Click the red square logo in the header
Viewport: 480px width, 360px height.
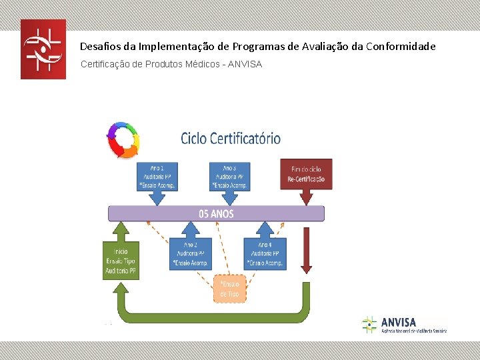click(x=43, y=49)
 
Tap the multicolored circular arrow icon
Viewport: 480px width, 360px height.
click(x=123, y=140)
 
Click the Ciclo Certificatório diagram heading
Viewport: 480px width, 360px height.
click(x=231, y=139)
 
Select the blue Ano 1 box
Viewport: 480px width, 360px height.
click(x=157, y=176)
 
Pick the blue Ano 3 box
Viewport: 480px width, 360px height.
click(x=229, y=176)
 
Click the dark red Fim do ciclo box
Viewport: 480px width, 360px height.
click(x=306, y=174)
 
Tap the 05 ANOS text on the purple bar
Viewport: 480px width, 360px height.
click(x=217, y=214)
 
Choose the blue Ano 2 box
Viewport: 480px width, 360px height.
click(x=191, y=254)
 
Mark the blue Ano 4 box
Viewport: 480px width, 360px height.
click(x=265, y=254)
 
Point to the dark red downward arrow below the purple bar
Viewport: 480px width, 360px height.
click(x=306, y=250)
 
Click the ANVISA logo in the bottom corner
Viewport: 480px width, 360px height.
click(x=404, y=325)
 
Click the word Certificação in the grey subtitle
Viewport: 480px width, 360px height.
click(x=106, y=65)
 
